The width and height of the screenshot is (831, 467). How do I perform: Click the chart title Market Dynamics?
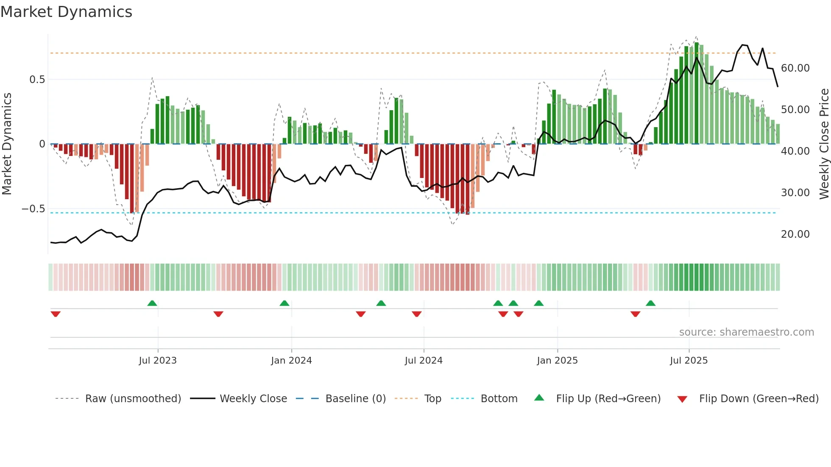click(x=66, y=12)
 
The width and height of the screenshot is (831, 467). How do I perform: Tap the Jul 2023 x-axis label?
click(x=158, y=361)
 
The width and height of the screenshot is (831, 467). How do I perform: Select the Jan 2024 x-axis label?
click(x=291, y=361)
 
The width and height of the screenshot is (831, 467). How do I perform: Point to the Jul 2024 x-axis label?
click(x=424, y=361)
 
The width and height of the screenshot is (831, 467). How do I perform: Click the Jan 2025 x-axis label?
click(x=557, y=361)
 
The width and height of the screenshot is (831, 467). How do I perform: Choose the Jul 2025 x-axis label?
click(x=689, y=361)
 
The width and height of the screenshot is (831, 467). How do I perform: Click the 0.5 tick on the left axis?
click(x=37, y=80)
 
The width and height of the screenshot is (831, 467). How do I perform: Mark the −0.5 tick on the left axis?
click(x=33, y=209)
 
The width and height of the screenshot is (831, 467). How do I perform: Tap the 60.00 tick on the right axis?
click(x=795, y=68)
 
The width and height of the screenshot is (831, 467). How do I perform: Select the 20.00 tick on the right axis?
click(x=795, y=234)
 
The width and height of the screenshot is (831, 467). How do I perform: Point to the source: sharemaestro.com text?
click(x=746, y=332)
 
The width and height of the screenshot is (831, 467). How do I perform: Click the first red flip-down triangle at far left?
click(x=56, y=314)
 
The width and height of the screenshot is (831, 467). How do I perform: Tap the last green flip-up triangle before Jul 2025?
click(x=650, y=303)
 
